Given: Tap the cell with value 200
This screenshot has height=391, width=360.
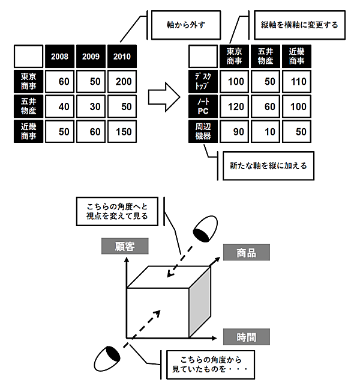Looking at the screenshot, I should [123, 81].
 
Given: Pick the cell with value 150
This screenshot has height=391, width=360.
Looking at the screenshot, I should [123, 131].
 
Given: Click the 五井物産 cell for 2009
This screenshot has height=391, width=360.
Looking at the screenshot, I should [91, 106].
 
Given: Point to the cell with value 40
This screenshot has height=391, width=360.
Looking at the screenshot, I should [59, 106].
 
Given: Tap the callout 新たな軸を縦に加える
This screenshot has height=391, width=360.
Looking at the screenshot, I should [268, 165].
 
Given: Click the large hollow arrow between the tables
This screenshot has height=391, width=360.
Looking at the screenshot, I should [164, 93].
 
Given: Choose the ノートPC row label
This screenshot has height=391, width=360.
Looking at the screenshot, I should [203, 106].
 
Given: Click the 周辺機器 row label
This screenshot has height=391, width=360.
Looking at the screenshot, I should [203, 131].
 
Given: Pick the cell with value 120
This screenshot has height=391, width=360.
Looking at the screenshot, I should [235, 106].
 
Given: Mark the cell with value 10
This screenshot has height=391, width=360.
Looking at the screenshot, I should [266, 131].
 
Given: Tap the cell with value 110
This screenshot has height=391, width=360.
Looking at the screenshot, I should [297, 81].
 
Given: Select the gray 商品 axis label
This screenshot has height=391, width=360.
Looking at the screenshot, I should [247, 253].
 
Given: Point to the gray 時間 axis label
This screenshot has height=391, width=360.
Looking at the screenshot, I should [247, 336].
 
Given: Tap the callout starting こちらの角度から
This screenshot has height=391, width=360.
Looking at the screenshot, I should [203, 364].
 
